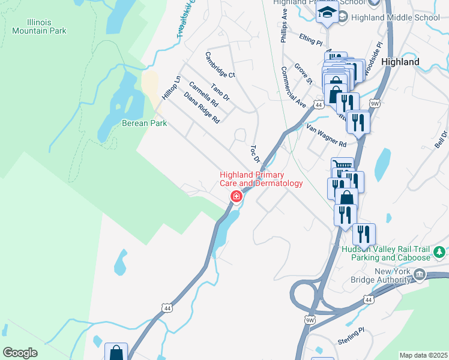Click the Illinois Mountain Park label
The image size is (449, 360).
tap(39, 26)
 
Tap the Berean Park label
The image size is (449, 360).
tap(144, 123)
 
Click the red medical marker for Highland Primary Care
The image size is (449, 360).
tap(237, 196)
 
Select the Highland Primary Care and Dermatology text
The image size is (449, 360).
tap(261, 179)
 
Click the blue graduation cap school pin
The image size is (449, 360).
tap(327, 13)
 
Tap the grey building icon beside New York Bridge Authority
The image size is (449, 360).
tap(420, 275)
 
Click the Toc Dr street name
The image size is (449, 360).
tap(255, 154)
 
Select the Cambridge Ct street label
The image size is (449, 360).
tap(220, 65)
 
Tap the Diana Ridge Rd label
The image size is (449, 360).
tap(202, 108)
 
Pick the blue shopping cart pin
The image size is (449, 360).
tap(342, 167)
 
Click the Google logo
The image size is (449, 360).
tap(20, 353)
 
